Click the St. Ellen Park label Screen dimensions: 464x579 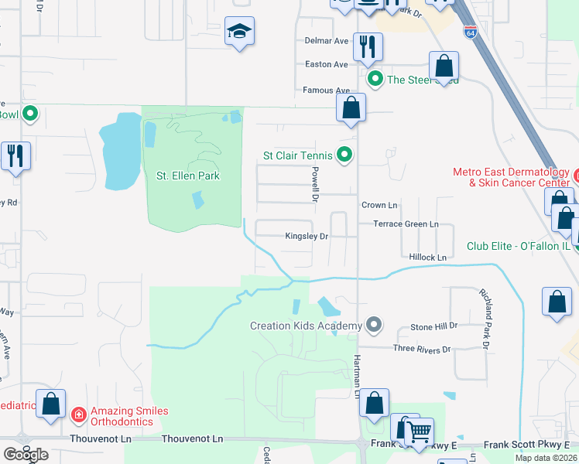tap(188, 176)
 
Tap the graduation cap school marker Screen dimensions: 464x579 tap(240, 32)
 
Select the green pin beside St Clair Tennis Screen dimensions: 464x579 tap(345, 155)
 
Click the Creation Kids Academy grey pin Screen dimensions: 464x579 tap(375, 324)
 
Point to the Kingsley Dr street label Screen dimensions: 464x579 tap(307, 236)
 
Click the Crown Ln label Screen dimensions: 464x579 tap(379, 205)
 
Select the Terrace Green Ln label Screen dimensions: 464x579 tap(406, 223)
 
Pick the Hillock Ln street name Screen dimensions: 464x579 tap(425, 257)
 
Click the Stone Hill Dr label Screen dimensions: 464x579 tap(433, 326)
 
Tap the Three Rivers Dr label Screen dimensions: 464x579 tap(421, 350)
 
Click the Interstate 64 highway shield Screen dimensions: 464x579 tap(471, 32)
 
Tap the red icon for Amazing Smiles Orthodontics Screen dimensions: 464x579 tap(78, 416)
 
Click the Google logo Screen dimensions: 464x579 tap(26, 455)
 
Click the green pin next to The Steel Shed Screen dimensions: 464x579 tap(375, 78)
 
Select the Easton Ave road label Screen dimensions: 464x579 tap(326, 65)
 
